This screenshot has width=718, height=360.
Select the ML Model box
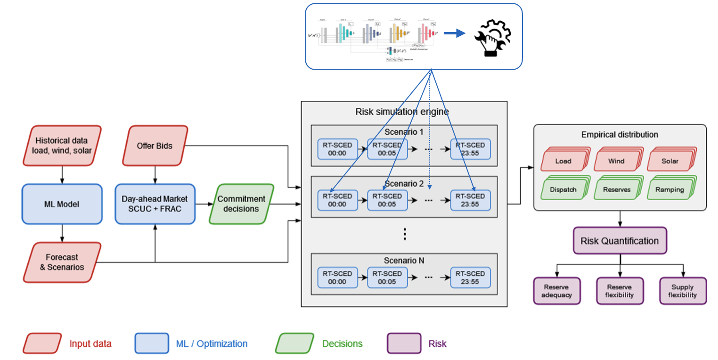62,204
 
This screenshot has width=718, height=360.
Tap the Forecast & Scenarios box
62,262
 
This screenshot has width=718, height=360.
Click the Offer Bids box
155,146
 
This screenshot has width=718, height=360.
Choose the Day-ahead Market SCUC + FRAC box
155,204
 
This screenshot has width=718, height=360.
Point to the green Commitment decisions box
241,204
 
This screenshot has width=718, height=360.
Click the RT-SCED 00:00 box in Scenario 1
338,149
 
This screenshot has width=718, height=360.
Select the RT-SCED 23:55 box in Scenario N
470,278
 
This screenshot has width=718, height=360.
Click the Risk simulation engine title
402,112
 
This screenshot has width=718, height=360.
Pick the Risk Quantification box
620,241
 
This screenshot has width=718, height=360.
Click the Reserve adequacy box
556,291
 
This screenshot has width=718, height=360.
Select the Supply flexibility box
683,291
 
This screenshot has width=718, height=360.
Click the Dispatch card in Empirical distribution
563,189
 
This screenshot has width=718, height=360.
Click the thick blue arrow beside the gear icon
454,33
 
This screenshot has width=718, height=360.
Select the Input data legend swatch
42,344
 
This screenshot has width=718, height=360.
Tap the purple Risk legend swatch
404,344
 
